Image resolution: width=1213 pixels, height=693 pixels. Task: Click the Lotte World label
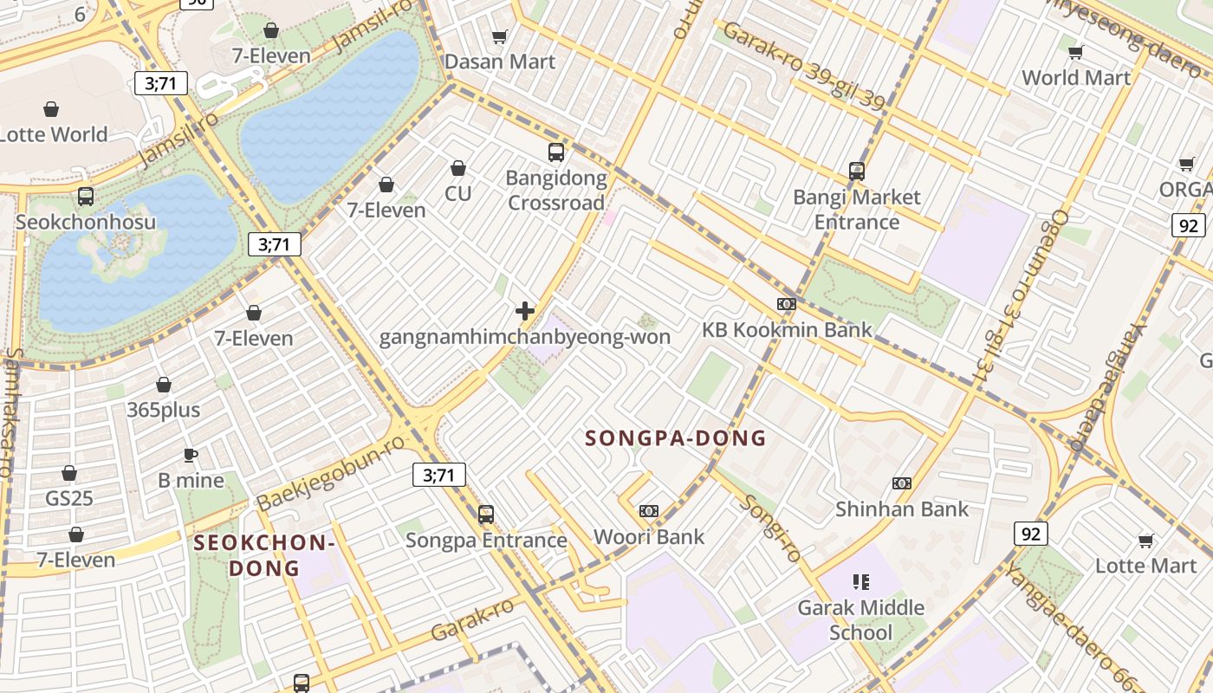tap(54, 134)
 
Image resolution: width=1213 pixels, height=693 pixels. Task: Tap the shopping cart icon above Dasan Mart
tap(499, 36)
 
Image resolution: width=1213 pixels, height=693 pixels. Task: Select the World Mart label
tap(1076, 77)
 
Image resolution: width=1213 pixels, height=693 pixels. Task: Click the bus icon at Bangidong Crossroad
tap(556, 152)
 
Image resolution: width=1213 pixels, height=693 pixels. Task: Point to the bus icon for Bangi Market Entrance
tap(857, 172)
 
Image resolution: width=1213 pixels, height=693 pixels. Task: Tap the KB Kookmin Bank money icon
tap(787, 304)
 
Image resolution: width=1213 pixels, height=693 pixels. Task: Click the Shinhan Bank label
tap(902, 508)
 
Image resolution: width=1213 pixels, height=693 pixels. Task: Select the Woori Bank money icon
tap(649, 511)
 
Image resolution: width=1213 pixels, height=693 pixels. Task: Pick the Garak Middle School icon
tap(860, 581)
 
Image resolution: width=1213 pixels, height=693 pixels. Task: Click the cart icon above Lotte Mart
tap(1146, 541)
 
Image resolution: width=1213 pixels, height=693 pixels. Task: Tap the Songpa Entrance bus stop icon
tap(486, 515)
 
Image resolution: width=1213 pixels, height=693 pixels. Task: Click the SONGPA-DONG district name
tap(676, 438)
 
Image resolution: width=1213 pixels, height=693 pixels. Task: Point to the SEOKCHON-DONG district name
tap(264, 555)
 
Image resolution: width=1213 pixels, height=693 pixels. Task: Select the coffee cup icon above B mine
tap(191, 455)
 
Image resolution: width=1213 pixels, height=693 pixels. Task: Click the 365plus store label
tap(164, 410)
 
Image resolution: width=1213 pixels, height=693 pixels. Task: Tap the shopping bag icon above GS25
tap(69, 473)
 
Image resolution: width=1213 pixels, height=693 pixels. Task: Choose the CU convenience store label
tap(458, 193)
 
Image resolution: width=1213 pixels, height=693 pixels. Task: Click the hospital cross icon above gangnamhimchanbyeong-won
tap(525, 311)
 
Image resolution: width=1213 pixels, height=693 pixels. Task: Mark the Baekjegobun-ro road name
tap(331, 473)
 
